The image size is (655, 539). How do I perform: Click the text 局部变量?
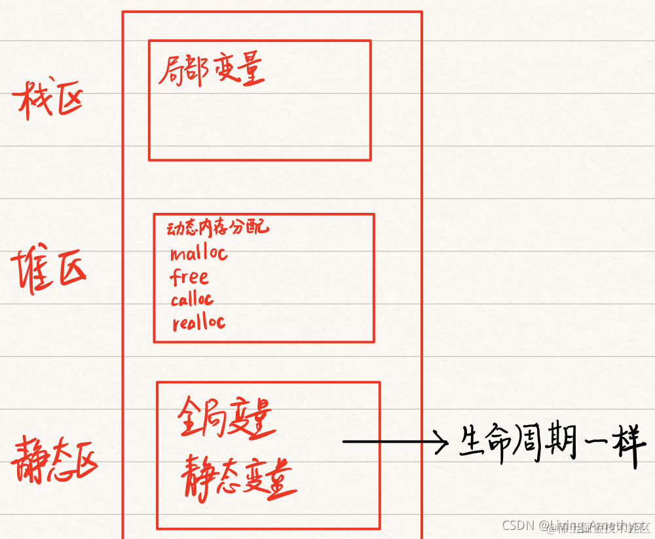coord(212,71)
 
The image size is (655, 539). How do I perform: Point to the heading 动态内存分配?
coord(217,228)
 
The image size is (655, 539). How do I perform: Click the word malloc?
coord(198,253)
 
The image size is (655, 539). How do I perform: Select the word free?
coord(189,277)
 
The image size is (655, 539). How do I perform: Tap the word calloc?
coord(192,300)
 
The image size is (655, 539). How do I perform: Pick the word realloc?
coord(198,322)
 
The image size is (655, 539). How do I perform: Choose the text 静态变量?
coord(237,475)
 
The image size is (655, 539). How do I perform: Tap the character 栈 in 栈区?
coord(31,102)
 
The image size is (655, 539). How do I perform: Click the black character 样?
coord(630,445)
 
